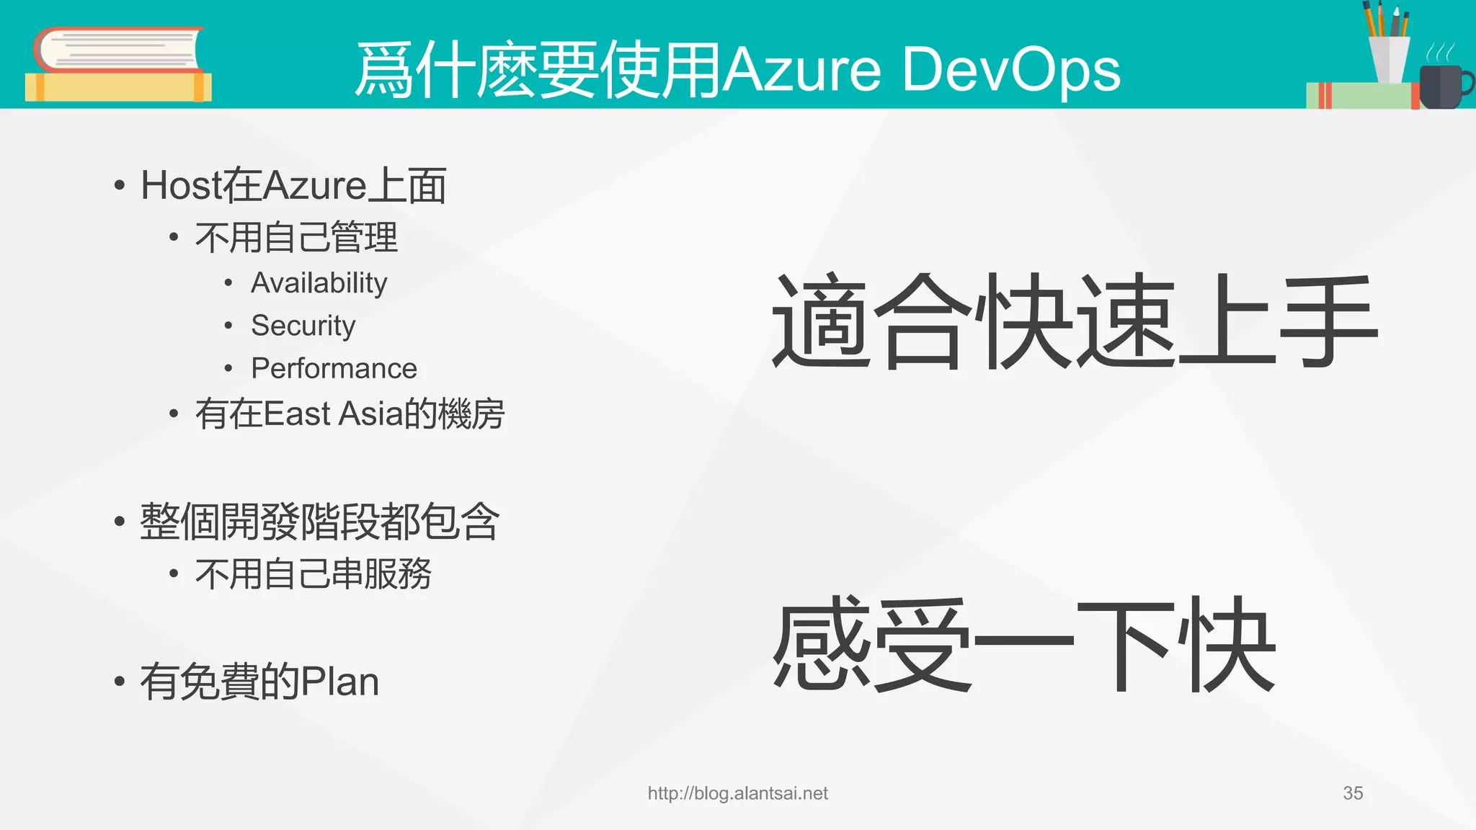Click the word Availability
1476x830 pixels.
tap(319, 283)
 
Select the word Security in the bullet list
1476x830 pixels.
tap(303, 326)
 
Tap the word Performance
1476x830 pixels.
tap(334, 369)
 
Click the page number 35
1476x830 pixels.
tap(1353, 793)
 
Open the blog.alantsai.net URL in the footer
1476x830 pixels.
tap(737, 793)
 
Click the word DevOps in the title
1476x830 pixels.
tap(1010, 71)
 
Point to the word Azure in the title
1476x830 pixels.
tap(801, 71)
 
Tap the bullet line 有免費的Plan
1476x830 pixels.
tap(259, 682)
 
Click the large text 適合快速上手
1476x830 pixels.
tap(1074, 321)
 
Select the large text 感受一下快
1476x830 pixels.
tap(1023, 644)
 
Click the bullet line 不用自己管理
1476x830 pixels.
tap(295, 238)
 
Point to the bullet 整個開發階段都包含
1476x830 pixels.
tap(319, 522)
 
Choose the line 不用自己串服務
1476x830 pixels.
tap(313, 574)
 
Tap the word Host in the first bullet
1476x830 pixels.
tap(181, 186)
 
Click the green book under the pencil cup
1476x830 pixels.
tap(1359, 96)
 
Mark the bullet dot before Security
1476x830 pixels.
tap(228, 326)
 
